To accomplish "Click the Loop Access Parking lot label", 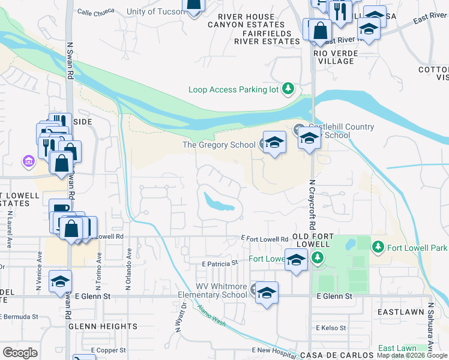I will click(234, 89).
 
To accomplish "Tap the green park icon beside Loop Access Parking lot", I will click(289, 89).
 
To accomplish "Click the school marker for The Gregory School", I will click(274, 142).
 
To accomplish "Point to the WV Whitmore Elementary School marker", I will click(267, 293).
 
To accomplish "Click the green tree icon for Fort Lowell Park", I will click(378, 247).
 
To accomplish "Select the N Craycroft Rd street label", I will click(312, 205).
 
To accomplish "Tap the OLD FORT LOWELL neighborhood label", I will click(310, 241).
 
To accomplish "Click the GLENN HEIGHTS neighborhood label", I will click(103, 326).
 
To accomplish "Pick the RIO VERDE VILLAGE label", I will click(336, 58).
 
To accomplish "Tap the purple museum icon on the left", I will click(28, 161).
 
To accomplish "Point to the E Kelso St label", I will click(331, 328).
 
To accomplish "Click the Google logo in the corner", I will click(20, 353).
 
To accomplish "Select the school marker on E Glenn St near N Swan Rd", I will click(61, 281).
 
